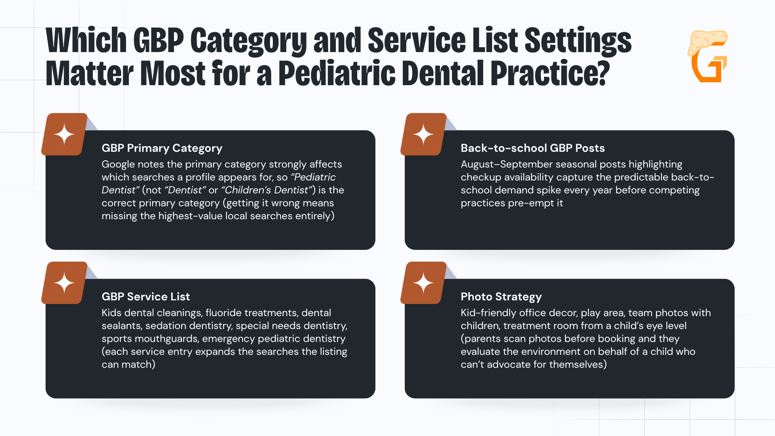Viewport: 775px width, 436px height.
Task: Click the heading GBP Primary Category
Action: tap(162, 148)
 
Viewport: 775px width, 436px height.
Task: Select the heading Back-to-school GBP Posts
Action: tap(533, 148)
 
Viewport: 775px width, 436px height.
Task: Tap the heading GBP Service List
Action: tap(146, 297)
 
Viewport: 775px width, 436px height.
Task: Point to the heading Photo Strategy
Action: tap(501, 297)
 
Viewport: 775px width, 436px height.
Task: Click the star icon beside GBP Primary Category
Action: tap(65, 134)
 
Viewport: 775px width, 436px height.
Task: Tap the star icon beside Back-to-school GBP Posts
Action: tap(423, 134)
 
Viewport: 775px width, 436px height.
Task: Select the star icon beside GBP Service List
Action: tap(65, 283)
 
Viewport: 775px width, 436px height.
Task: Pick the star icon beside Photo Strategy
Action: tap(423, 283)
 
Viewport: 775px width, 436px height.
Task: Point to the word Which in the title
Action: tap(86, 40)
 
